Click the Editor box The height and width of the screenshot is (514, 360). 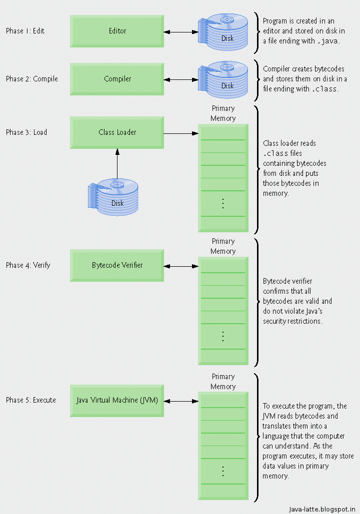[x=117, y=31]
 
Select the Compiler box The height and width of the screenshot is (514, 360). [x=117, y=79]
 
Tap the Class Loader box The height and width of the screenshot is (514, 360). [x=117, y=132]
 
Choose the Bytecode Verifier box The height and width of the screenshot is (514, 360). [x=117, y=265]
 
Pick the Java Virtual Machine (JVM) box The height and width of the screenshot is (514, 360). [x=117, y=401]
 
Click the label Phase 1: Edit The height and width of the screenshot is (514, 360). [x=25, y=31]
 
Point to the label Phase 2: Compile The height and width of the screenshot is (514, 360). [x=31, y=79]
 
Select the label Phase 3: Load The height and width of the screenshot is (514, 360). [x=26, y=132]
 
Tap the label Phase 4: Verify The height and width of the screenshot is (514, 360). [x=28, y=265]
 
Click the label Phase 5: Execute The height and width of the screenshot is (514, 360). [x=30, y=400]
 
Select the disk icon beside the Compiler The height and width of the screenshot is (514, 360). [x=223, y=80]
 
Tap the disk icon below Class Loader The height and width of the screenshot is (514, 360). [x=113, y=198]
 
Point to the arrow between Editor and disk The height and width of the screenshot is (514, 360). [x=181, y=32]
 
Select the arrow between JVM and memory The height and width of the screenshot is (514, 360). [x=181, y=401]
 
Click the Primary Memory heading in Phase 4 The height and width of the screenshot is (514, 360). [x=223, y=246]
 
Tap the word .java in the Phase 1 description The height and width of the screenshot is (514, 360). [x=329, y=41]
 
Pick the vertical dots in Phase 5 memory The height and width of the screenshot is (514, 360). [x=223, y=471]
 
